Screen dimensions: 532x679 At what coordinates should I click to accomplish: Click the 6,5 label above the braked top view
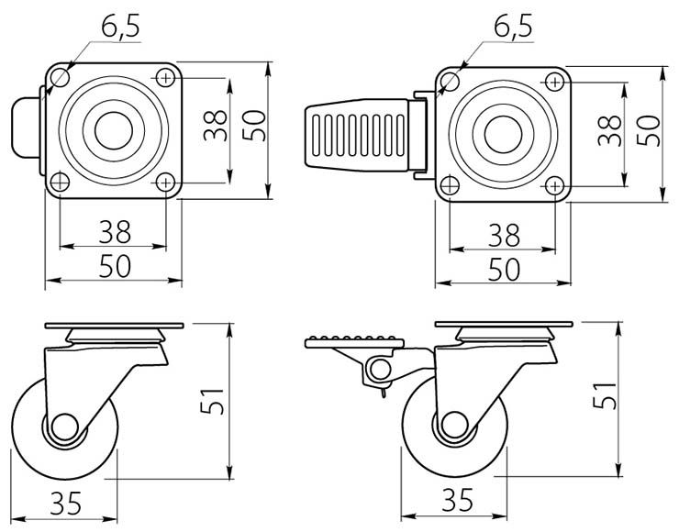513,28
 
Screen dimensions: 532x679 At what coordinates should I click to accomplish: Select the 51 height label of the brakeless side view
213,401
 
